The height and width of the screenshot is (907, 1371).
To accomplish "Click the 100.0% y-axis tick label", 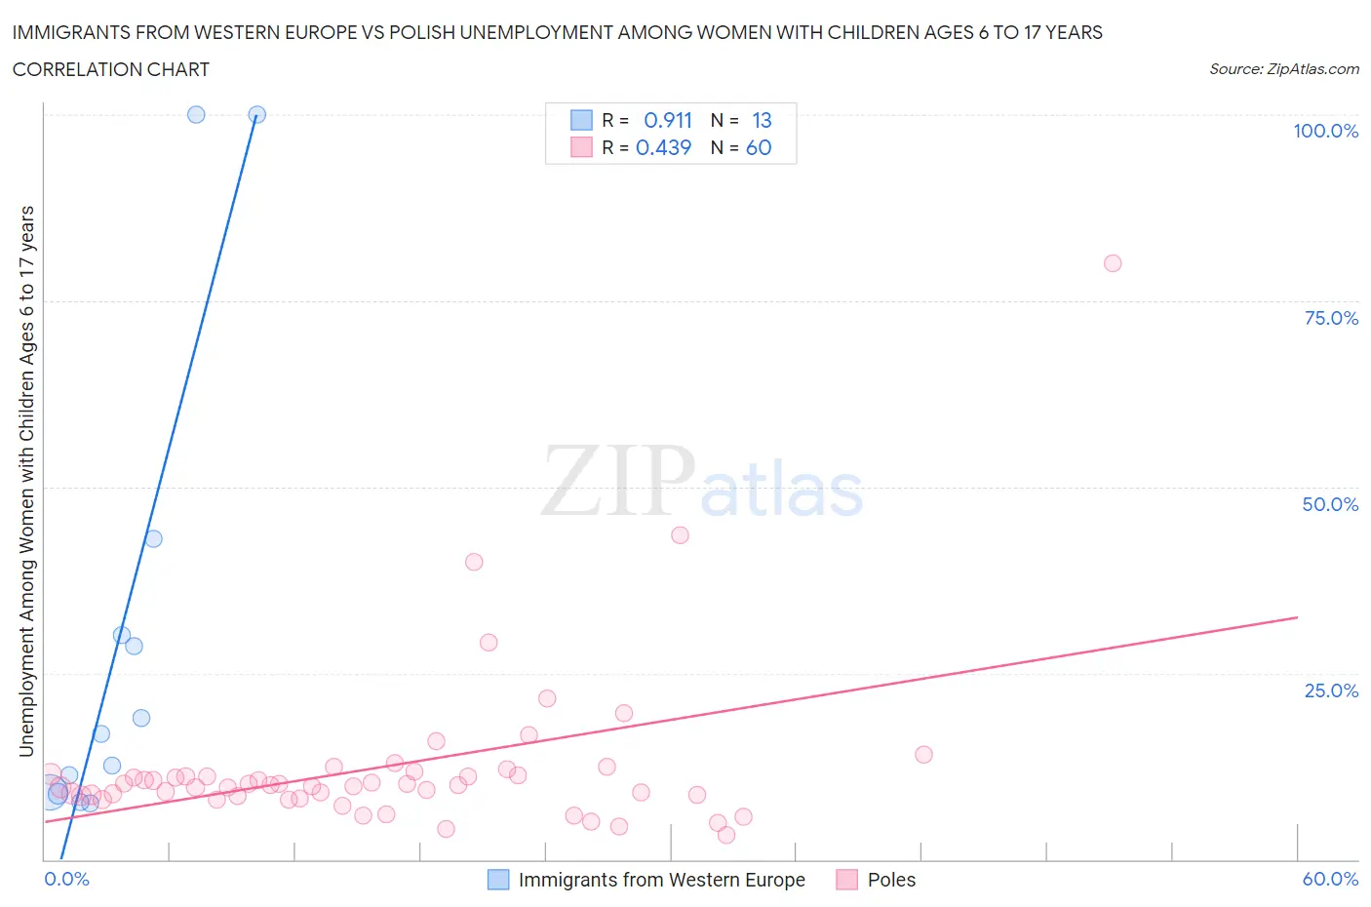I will tap(1325, 131).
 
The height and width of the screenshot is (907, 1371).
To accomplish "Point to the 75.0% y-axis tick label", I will tap(1331, 318).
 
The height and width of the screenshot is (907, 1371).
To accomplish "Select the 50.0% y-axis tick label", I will tap(1330, 504).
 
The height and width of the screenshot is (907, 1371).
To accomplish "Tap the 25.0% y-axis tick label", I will tap(1331, 690).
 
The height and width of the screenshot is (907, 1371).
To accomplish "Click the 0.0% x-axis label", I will tap(66, 879).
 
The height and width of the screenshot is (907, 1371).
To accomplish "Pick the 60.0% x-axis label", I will tap(1330, 879).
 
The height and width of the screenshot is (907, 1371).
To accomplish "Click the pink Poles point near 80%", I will tap(1113, 263).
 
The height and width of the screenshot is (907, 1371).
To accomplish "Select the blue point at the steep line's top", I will tap(257, 114).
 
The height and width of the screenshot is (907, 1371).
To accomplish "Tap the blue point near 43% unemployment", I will tap(153, 538).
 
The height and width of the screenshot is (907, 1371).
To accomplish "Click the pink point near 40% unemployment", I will tap(474, 562).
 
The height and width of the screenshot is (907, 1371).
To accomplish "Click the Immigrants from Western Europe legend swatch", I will tap(498, 880).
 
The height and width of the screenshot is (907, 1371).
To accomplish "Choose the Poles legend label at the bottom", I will tap(891, 880).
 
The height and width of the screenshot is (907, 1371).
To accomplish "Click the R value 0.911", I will tap(668, 120).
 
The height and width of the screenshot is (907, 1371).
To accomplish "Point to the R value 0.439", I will tap(663, 147).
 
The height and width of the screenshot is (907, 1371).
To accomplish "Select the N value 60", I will tap(759, 147).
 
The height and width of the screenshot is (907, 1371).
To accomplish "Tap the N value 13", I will tap(762, 120).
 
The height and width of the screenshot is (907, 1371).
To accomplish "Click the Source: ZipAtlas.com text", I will tap(1283, 69).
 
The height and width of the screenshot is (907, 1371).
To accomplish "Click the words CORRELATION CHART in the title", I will tap(111, 69).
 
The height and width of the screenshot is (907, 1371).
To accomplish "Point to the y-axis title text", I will tap(26, 481).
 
